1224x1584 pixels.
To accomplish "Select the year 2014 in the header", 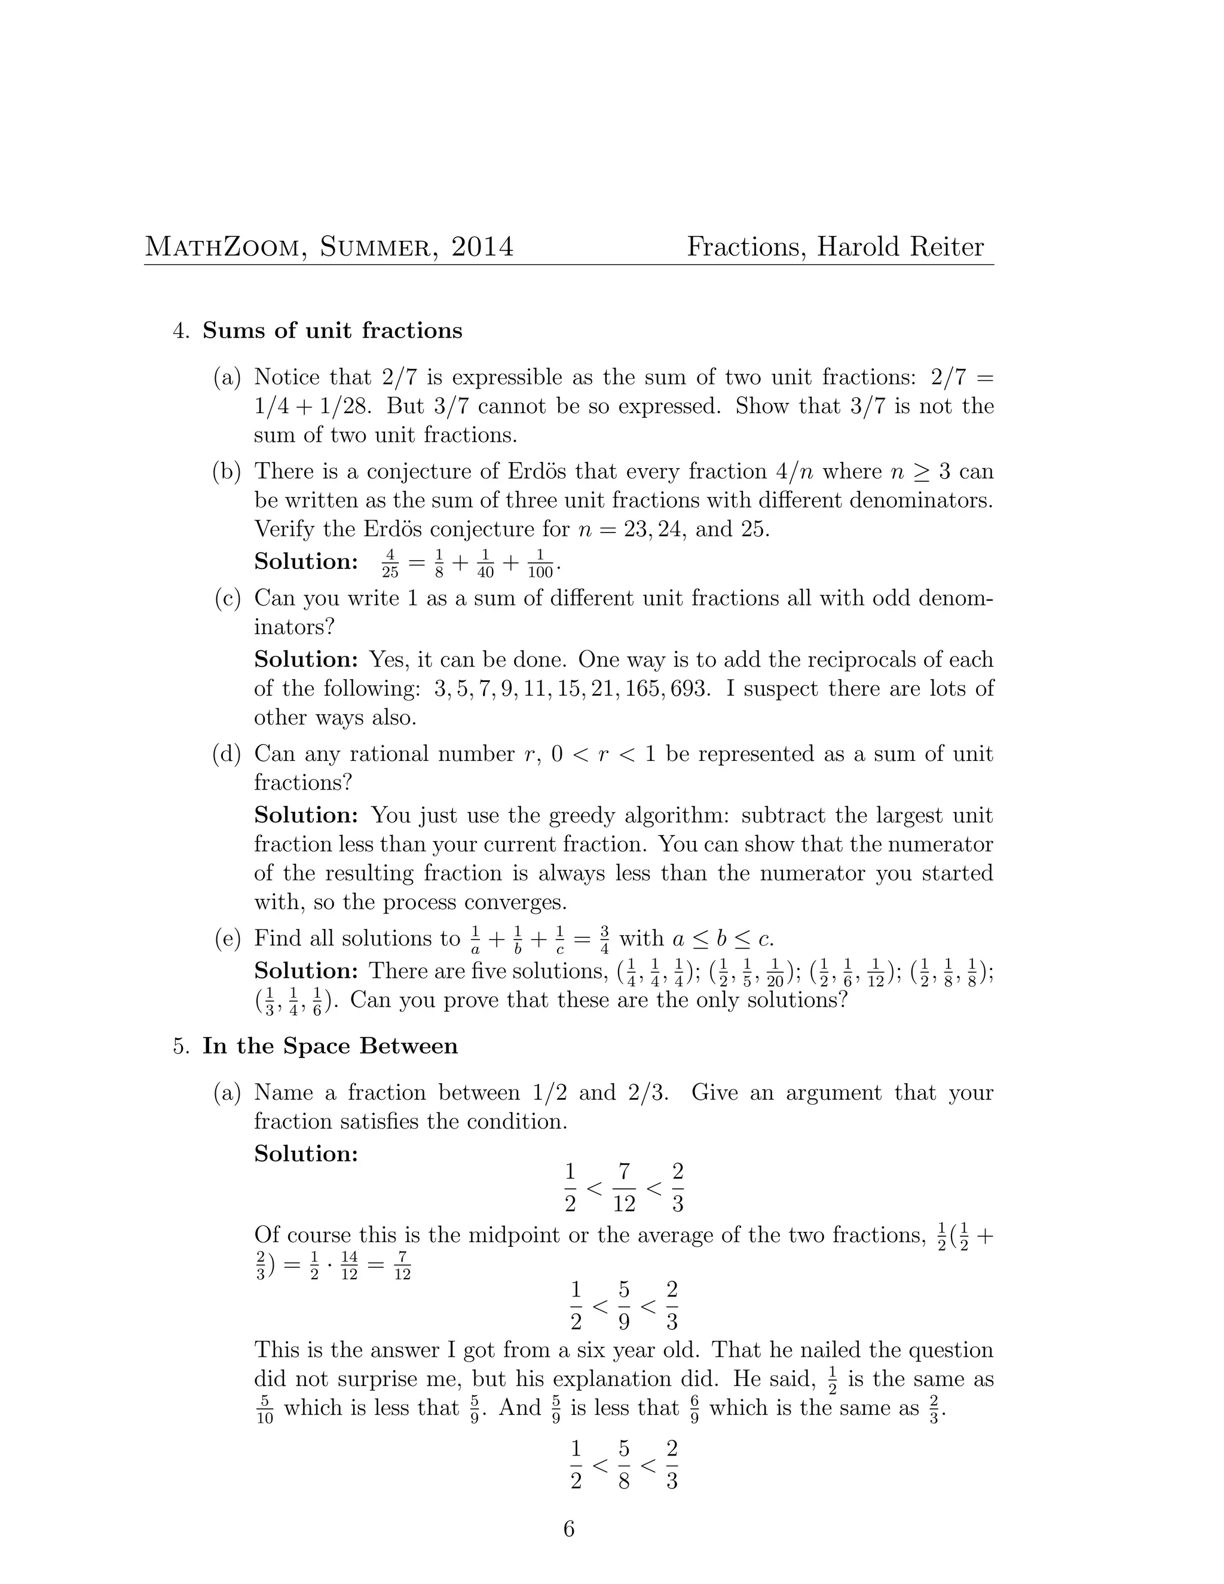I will click(482, 247).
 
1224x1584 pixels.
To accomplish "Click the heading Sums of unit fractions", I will click(332, 331).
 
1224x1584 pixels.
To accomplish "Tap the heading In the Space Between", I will click(330, 1047).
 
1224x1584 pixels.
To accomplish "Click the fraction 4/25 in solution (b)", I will click(390, 564).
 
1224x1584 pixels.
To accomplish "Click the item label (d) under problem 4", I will click(227, 754).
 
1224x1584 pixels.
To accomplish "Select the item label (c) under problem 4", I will click(227, 598).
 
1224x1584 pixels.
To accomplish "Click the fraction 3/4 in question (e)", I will click(605, 940).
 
